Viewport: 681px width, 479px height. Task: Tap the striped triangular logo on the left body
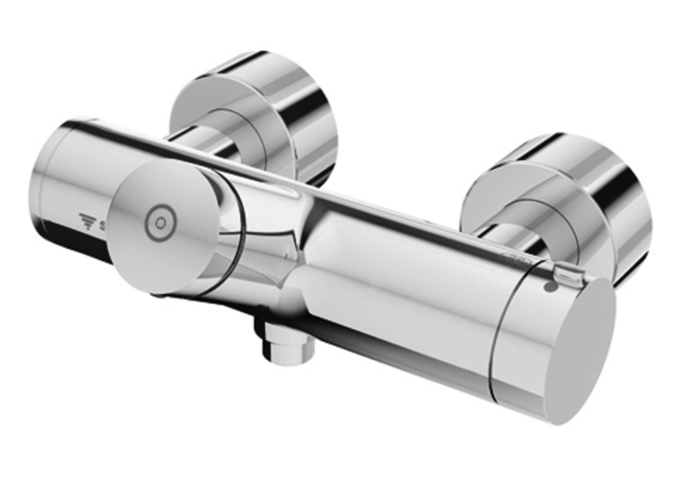click(x=85, y=221)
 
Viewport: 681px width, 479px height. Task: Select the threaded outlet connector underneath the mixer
click(x=287, y=348)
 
